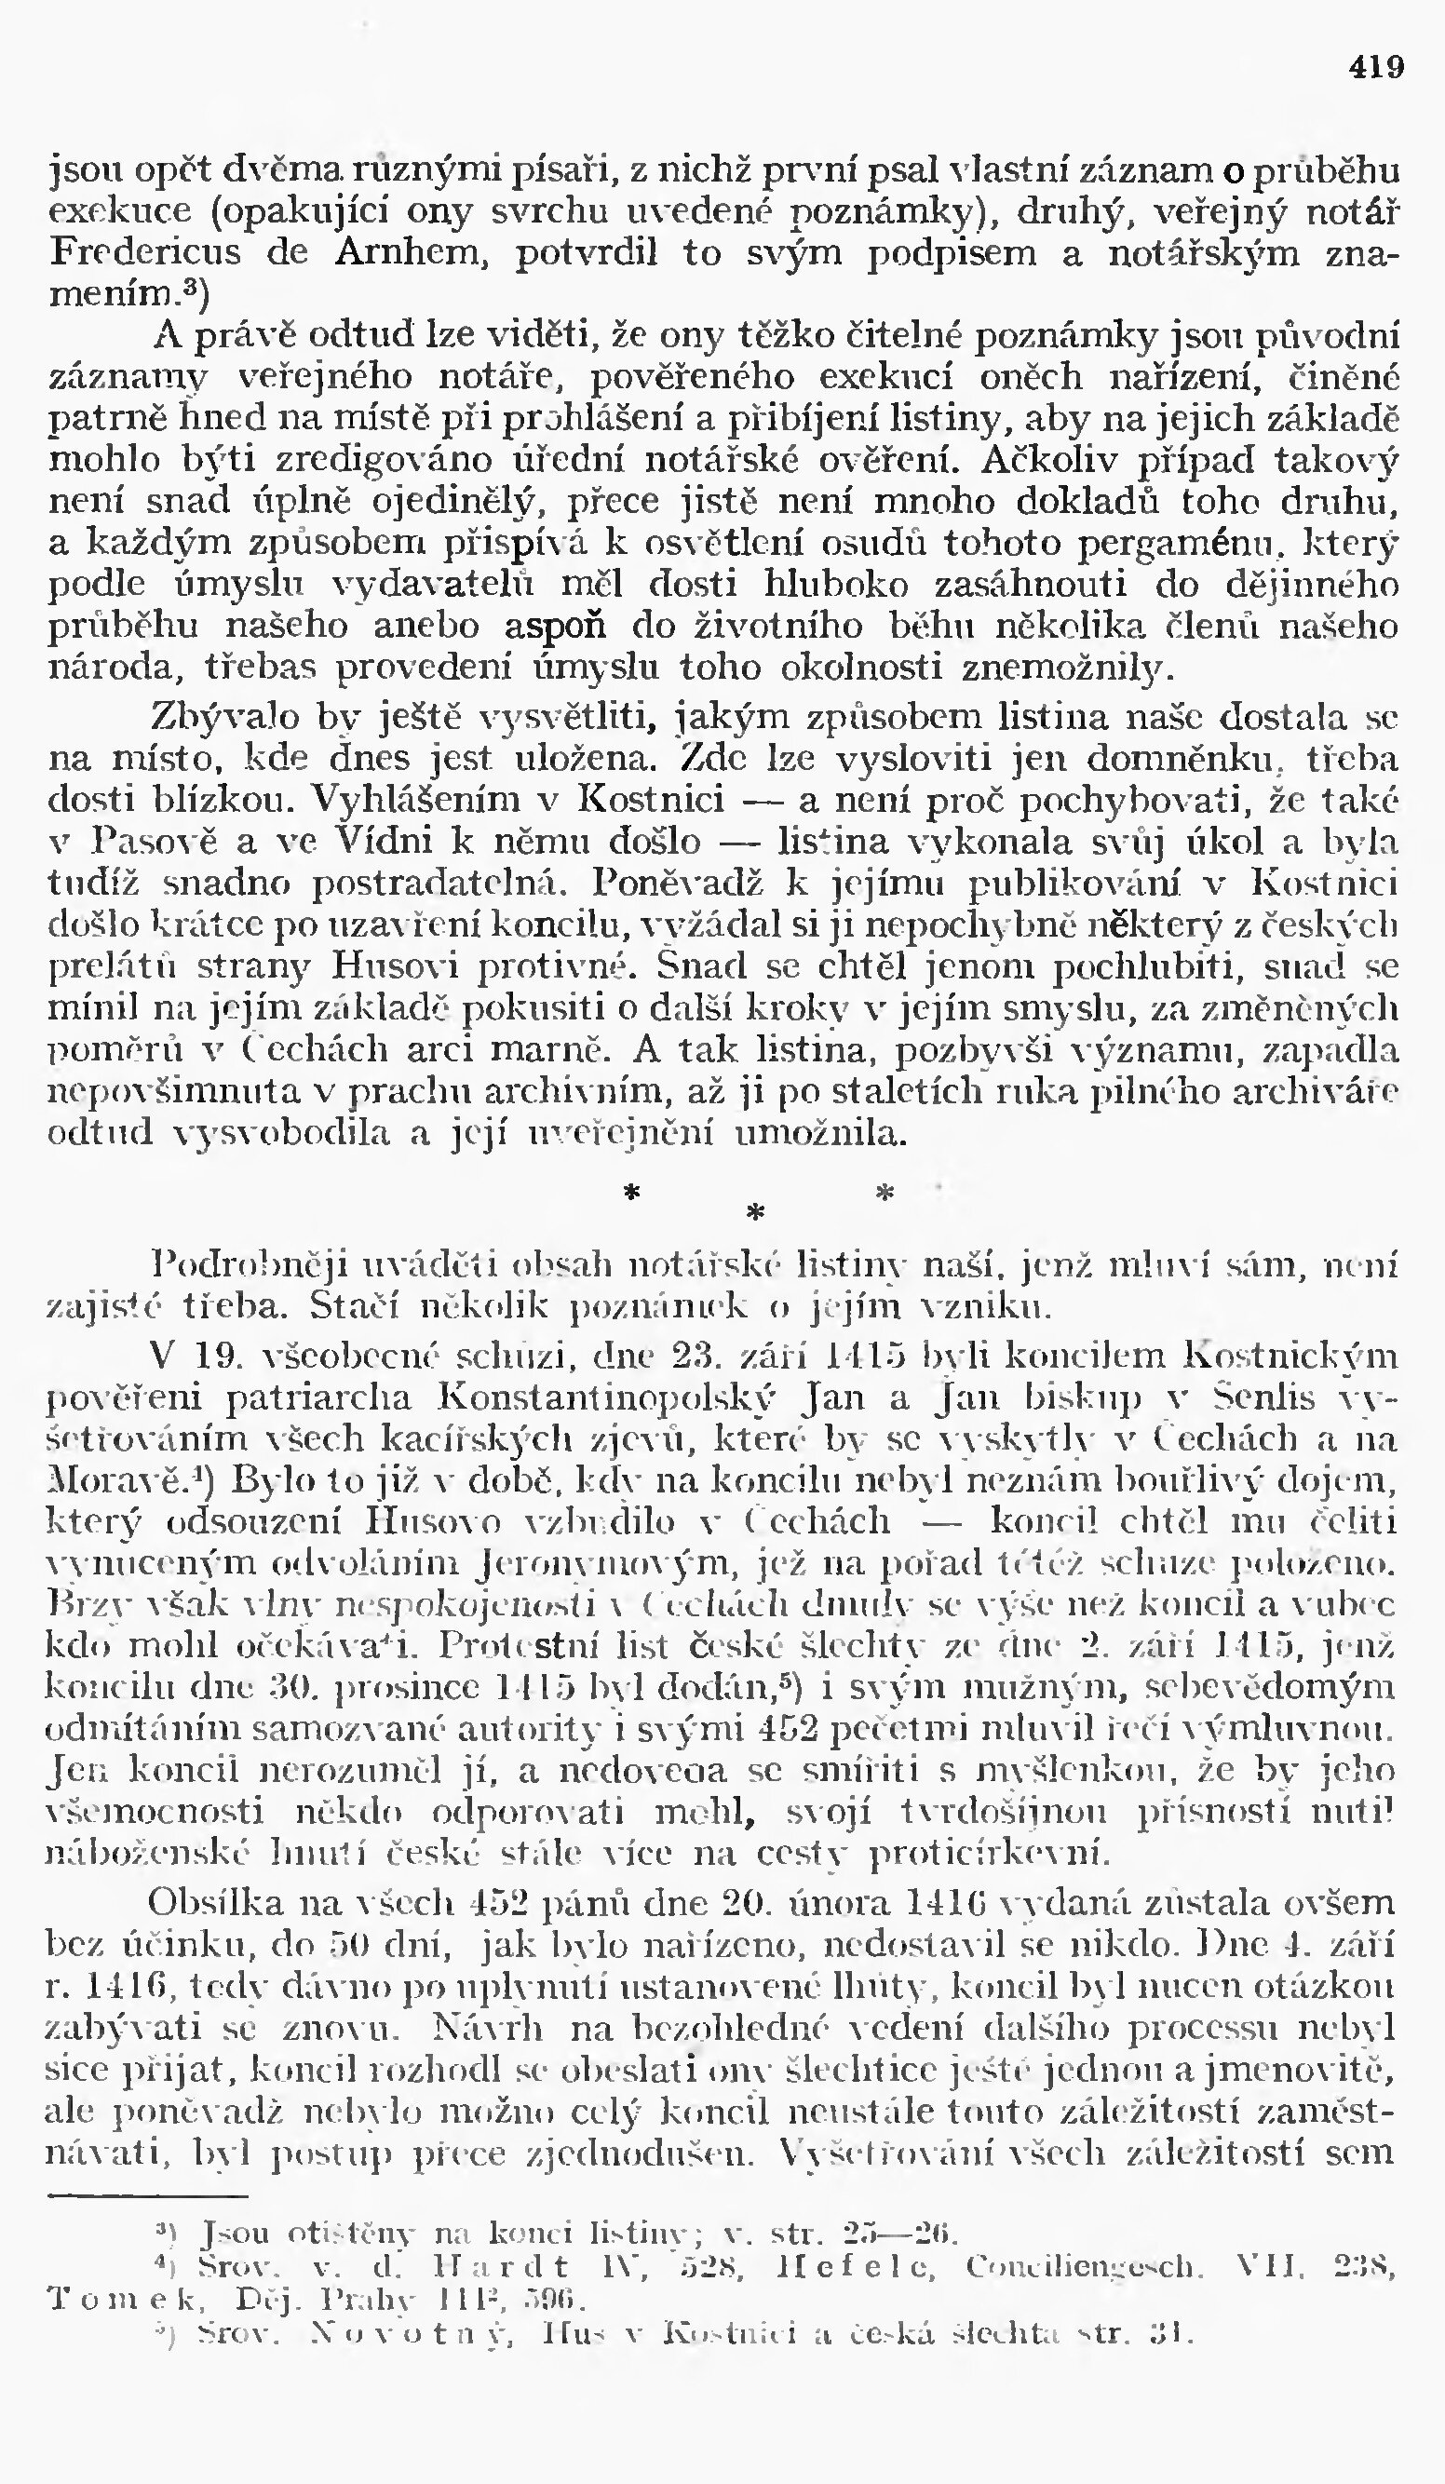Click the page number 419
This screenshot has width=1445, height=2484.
click(x=1376, y=67)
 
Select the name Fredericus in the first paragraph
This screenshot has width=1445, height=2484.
click(x=145, y=253)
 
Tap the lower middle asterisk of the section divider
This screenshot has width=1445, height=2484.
click(x=755, y=1213)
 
